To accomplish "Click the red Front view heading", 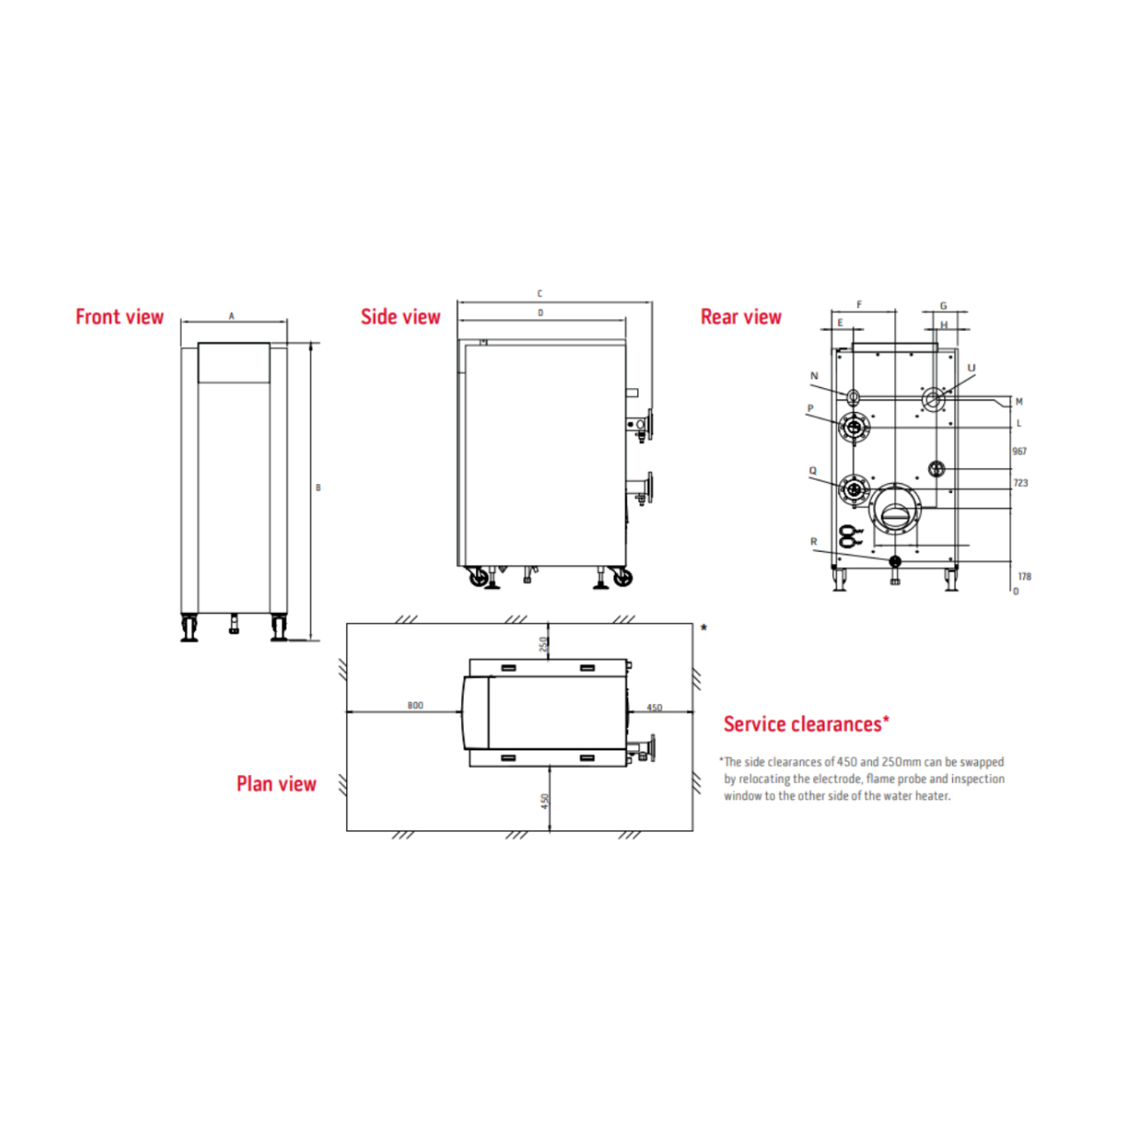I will pos(119,318).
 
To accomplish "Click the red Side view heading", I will pos(400,318).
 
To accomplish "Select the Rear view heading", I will pos(740,318).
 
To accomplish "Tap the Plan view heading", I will pos(276,784).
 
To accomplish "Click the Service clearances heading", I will pos(805,724).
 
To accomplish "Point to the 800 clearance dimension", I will pos(416,706).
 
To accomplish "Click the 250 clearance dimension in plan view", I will pos(544,644).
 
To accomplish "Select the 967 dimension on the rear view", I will pos(1020,452).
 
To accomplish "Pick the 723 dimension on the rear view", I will pos(1021,483).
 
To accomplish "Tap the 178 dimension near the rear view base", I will pos(1024,577).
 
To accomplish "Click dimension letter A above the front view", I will pos(231,316).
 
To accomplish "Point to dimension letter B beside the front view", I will pos(318,488).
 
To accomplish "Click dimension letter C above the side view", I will pos(539,294).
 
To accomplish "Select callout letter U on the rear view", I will pos(971,368).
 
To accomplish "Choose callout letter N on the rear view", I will pos(813,376).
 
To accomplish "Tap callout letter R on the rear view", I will pos(813,541).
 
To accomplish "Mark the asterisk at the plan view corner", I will pos(704,628).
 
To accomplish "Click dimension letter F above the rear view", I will pos(859,305).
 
